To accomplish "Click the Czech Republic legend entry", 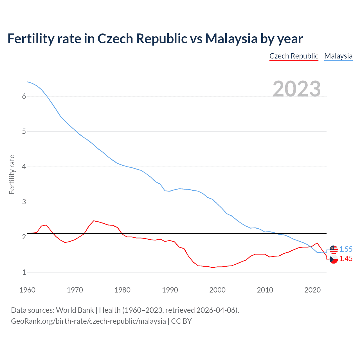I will click(294, 56).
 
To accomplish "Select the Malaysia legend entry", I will click(338, 56).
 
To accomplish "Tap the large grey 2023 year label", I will click(297, 89).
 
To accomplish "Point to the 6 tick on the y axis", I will click(24, 96).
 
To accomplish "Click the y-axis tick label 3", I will click(24, 202).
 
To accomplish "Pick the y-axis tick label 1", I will click(24, 272).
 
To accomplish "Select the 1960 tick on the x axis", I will click(27, 290).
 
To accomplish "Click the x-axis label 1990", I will click(170, 290).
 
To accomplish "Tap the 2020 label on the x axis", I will click(312, 290).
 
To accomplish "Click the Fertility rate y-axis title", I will click(12, 174).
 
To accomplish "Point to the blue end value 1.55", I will click(346, 249).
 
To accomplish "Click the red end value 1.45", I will click(346, 258).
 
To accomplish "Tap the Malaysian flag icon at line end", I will click(334, 249).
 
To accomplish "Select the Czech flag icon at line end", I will click(334, 259).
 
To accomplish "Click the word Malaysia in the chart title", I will click(231, 39).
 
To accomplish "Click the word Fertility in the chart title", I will click(31, 39).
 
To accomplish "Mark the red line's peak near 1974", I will click(94, 221).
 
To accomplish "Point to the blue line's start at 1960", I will click(27, 82).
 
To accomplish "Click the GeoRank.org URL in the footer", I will click(88, 321).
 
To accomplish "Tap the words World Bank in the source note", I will click(75, 310).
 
